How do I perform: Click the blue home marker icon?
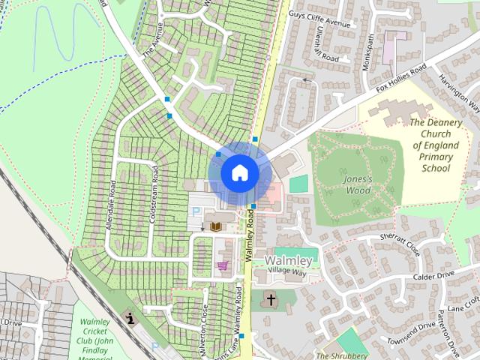tap(239, 172)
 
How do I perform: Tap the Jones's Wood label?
tap(358, 184)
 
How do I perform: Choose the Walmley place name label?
tap(289, 261)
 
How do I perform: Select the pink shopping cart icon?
tap(222, 265)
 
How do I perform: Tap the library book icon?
tap(216, 226)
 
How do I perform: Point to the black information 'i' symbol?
tap(132, 318)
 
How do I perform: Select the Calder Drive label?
tap(433, 276)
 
